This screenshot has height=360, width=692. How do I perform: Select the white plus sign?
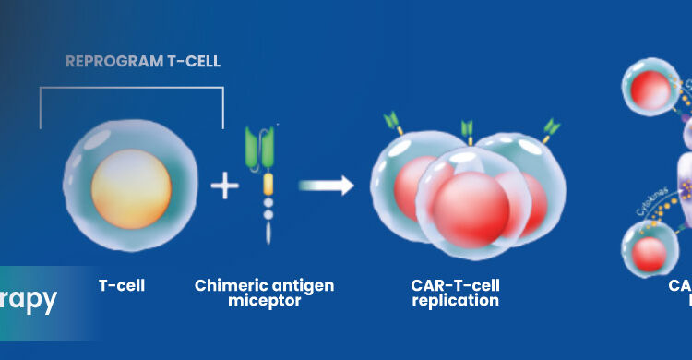[x=224, y=186]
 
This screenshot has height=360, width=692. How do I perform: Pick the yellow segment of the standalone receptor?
[x=268, y=183]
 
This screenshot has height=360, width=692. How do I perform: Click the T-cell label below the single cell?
[x=122, y=285]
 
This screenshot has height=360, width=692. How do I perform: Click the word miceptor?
[x=264, y=301]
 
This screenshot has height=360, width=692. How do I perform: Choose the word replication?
[x=456, y=301]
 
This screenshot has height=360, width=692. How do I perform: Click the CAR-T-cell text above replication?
[x=456, y=285]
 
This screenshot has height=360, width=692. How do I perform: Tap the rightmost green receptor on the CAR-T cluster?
[x=552, y=126]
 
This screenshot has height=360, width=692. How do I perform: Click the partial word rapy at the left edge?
[x=30, y=299]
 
